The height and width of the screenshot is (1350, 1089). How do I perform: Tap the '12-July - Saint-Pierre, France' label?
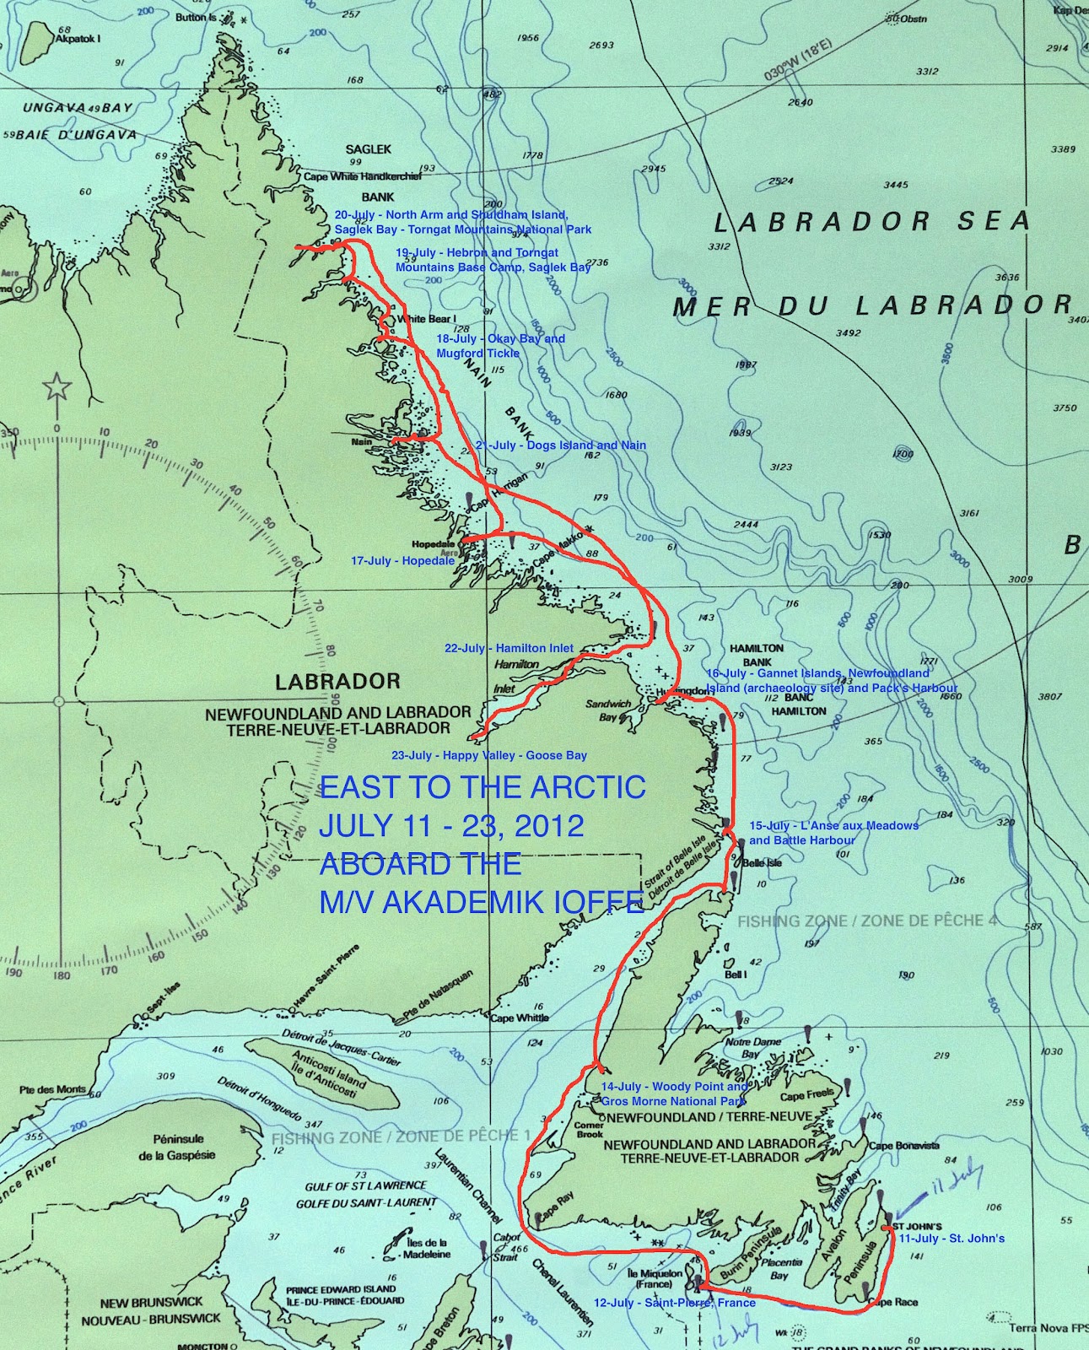point(674,1303)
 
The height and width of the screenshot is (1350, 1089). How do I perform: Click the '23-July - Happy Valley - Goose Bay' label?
point(489,755)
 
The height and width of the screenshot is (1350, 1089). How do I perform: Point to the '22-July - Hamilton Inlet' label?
point(509,648)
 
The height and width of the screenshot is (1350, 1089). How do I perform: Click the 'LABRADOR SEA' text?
point(871,222)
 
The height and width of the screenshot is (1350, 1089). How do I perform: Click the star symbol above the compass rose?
point(57,388)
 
